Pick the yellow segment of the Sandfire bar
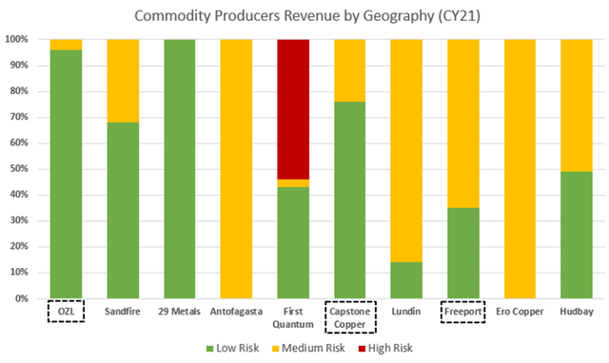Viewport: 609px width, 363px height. pos(122,80)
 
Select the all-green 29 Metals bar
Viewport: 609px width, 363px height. pos(179,169)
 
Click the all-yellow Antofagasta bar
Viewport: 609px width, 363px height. pos(236,169)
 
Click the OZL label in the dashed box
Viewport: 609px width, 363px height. pos(65,311)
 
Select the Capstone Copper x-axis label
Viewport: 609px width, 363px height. pos(350,316)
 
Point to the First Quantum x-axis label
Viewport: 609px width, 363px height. pos(293,316)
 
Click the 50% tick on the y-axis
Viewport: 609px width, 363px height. pos(21,169)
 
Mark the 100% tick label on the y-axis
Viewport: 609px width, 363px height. pos(19,40)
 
